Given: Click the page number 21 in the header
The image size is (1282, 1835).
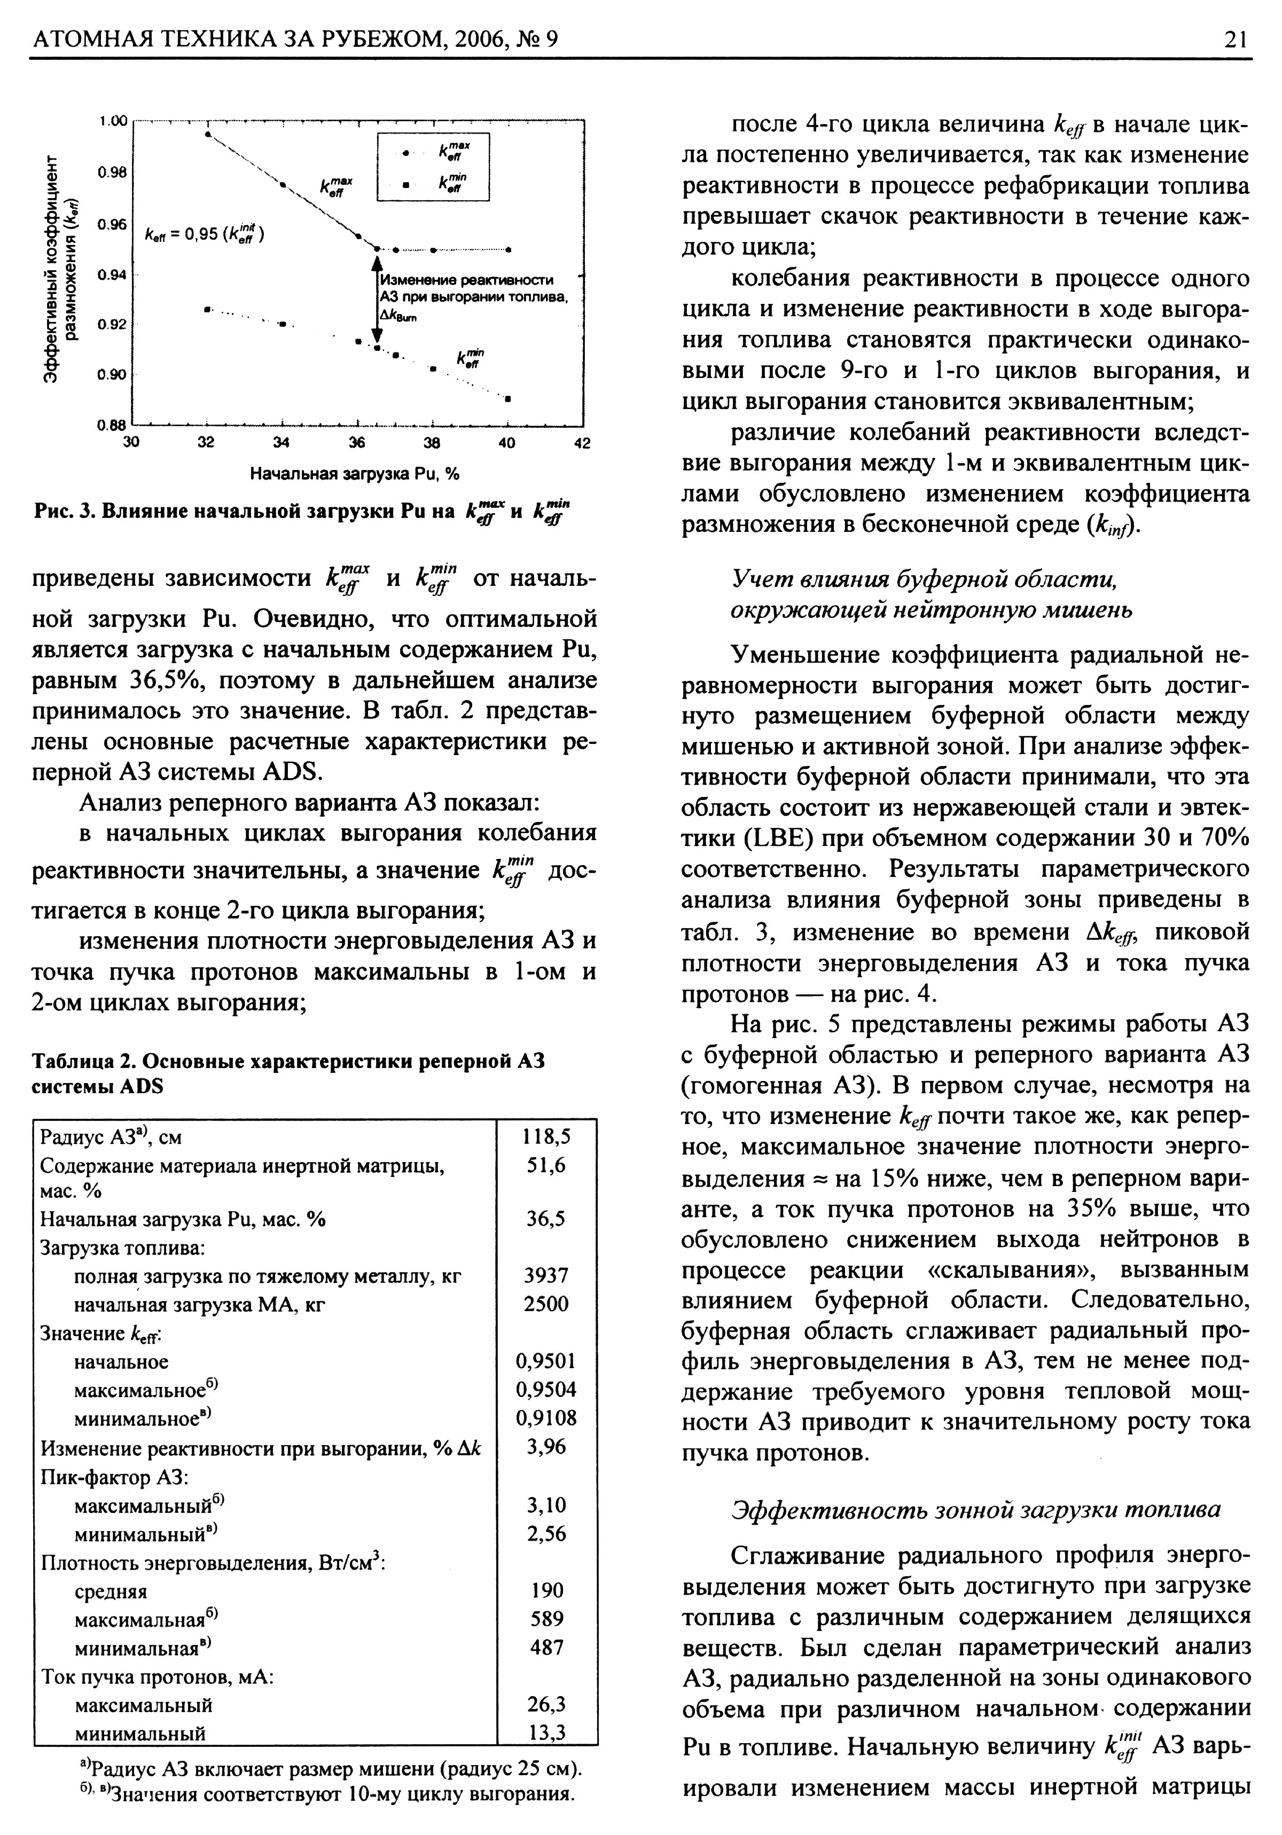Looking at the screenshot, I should (x=1235, y=39).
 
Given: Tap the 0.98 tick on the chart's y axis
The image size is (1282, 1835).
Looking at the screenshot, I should (x=112, y=172).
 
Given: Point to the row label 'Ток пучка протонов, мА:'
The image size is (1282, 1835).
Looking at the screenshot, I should (x=158, y=1677).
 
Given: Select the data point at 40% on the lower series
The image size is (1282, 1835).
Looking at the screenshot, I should (x=509, y=397).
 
